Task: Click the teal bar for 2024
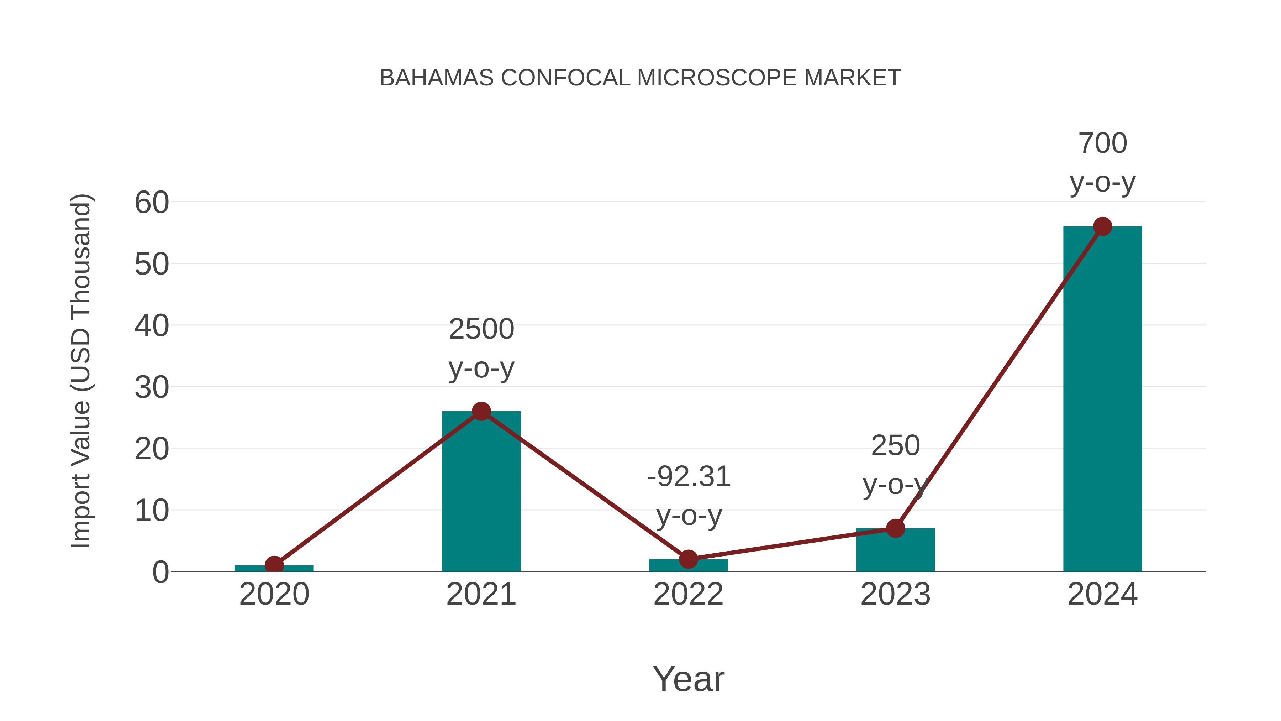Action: pyautogui.click(x=1102, y=398)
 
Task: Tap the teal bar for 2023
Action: pyautogui.click(x=895, y=550)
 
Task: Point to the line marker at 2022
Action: pyautogui.click(x=688, y=559)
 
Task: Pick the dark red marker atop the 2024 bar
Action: pyautogui.click(x=1102, y=226)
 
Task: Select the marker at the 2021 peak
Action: pyautogui.click(x=481, y=411)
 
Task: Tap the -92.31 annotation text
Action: pyautogui.click(x=689, y=477)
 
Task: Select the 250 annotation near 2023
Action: pyautogui.click(x=895, y=445)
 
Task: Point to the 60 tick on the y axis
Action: pyautogui.click(x=152, y=203)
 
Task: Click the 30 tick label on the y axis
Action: pyautogui.click(x=152, y=388)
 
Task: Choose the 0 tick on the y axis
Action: pyautogui.click(x=160, y=572)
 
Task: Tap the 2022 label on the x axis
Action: pyautogui.click(x=688, y=594)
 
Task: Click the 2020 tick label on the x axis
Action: pyautogui.click(x=274, y=594)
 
